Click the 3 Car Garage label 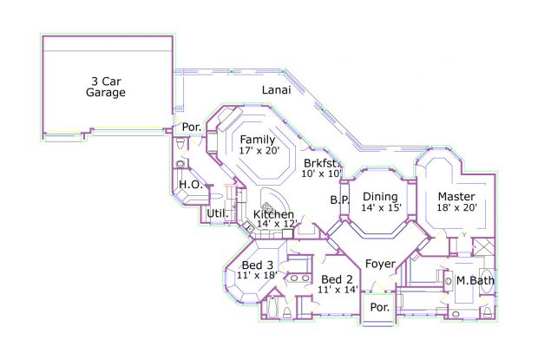[x=106, y=87]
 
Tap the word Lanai [x=277, y=90]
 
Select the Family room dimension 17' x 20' [x=259, y=150]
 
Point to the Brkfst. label [x=322, y=163]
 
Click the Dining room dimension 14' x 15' [x=381, y=207]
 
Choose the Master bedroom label [x=456, y=196]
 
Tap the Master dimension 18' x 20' [x=456, y=207]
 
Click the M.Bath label [x=476, y=280]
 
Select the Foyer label [x=380, y=264]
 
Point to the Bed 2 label [x=337, y=279]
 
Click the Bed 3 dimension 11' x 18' [x=257, y=275]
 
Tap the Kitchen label [x=273, y=214]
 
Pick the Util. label [x=218, y=213]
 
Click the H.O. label [x=191, y=185]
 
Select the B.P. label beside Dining [x=339, y=200]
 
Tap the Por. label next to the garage [x=192, y=127]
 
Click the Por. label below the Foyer [x=380, y=307]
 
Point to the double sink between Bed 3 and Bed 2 [x=299, y=278]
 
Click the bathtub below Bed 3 [x=272, y=307]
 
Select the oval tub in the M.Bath [x=486, y=281]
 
